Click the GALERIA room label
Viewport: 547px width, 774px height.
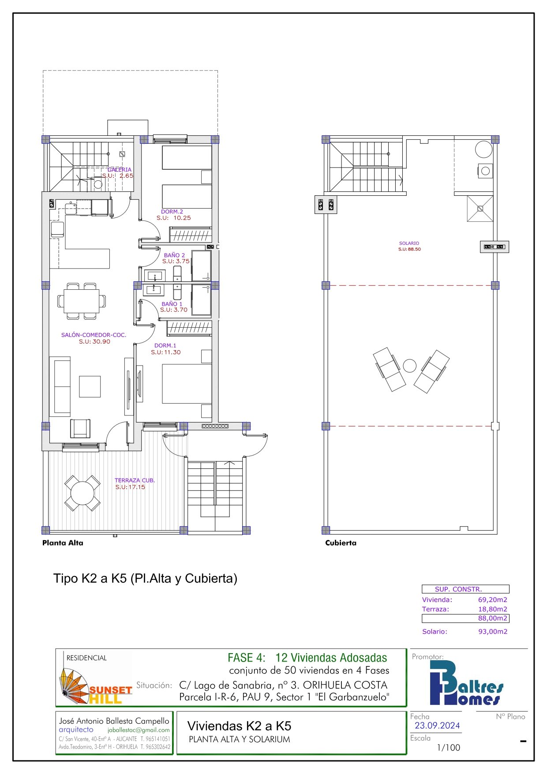(x=120, y=169)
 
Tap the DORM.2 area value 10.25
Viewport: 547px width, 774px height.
(x=182, y=218)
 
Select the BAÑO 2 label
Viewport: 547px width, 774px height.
(x=174, y=255)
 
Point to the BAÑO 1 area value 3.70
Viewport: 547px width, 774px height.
(x=180, y=310)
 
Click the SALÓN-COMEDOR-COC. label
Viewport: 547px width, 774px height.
(x=94, y=335)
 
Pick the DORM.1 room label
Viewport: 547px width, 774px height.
(x=165, y=345)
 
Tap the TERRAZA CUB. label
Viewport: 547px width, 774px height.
(x=135, y=480)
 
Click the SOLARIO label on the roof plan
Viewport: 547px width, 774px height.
(x=409, y=243)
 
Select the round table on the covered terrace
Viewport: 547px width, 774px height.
(x=82, y=493)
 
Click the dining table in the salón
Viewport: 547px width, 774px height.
(x=82, y=301)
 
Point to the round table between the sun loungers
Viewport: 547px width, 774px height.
(x=410, y=366)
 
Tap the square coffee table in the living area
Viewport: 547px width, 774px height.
(x=90, y=386)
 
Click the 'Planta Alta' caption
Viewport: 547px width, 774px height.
(x=63, y=543)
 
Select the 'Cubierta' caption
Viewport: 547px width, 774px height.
(x=341, y=543)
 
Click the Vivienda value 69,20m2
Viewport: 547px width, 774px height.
(x=493, y=600)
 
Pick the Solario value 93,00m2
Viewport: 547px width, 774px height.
(x=493, y=632)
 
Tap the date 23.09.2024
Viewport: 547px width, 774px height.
(x=437, y=725)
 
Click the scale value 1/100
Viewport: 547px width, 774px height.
(x=449, y=748)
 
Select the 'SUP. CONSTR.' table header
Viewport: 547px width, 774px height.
(x=458, y=589)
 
